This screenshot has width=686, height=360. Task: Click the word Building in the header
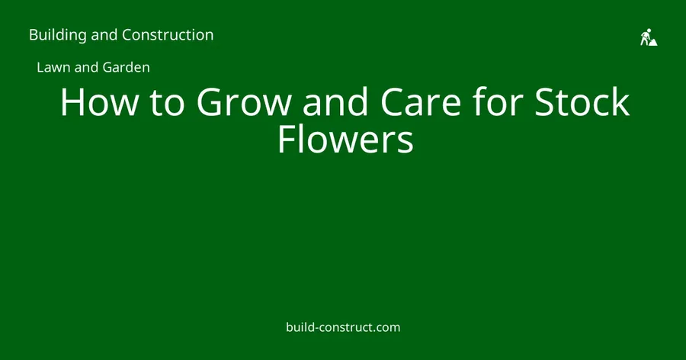tap(58, 35)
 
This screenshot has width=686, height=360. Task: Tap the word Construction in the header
tap(168, 34)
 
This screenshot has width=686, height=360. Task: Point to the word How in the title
tap(99, 102)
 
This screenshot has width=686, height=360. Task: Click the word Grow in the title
tap(244, 102)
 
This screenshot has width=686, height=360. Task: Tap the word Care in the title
tap(421, 102)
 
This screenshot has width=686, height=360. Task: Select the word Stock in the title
tap(582, 101)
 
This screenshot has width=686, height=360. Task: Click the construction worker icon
tap(649, 37)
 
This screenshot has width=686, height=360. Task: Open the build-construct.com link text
tap(343, 327)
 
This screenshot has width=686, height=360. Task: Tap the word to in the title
tap(167, 104)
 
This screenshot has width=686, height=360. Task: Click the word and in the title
tap(335, 101)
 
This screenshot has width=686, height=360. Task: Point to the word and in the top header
tap(104, 34)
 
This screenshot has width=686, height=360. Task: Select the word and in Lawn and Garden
tap(87, 67)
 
